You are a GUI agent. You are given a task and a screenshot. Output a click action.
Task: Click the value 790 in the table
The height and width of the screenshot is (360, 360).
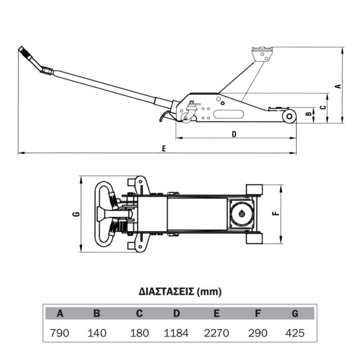point(60,333)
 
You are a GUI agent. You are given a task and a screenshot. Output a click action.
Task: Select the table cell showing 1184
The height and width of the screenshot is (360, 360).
point(176,333)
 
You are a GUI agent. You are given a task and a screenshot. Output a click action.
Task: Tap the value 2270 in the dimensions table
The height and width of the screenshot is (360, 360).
point(217,333)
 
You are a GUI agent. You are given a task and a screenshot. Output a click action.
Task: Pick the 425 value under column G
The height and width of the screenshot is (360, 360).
point(295,333)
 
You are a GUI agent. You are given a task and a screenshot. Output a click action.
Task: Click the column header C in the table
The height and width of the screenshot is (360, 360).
point(139,313)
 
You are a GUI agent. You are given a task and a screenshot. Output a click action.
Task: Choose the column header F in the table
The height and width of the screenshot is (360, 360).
point(258,313)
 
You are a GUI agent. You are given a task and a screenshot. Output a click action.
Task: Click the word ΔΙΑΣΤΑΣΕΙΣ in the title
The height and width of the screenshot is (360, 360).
point(166,291)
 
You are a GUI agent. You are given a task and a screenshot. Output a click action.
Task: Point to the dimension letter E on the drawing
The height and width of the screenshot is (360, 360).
point(164,149)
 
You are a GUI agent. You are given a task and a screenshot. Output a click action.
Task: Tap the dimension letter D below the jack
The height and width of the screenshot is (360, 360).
point(234,134)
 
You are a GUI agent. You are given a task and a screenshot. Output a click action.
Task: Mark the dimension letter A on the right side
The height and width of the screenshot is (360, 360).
point(338,86)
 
